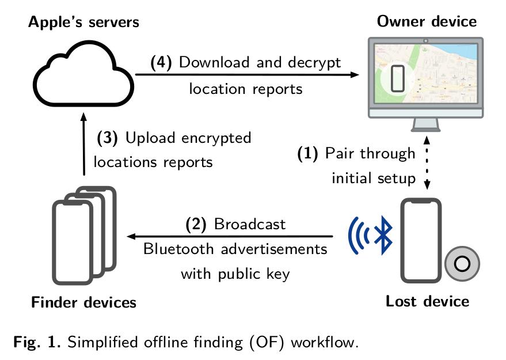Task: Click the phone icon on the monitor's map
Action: pyautogui.click(x=398, y=78)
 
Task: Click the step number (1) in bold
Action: pyautogui.click(x=309, y=154)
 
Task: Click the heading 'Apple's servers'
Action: pyautogui.click(x=84, y=22)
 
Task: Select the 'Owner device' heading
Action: pyautogui.click(x=427, y=22)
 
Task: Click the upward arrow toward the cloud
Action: pyautogui.click(x=83, y=144)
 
